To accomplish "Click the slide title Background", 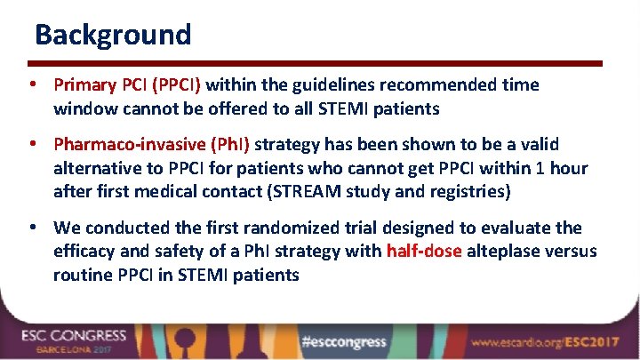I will (113, 35).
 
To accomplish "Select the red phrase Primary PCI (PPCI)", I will (128, 85).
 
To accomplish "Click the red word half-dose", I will (423, 252).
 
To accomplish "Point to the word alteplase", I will (503, 252).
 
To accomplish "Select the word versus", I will (571, 252).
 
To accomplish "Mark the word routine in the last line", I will (83, 275).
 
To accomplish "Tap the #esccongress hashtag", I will (343, 342).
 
